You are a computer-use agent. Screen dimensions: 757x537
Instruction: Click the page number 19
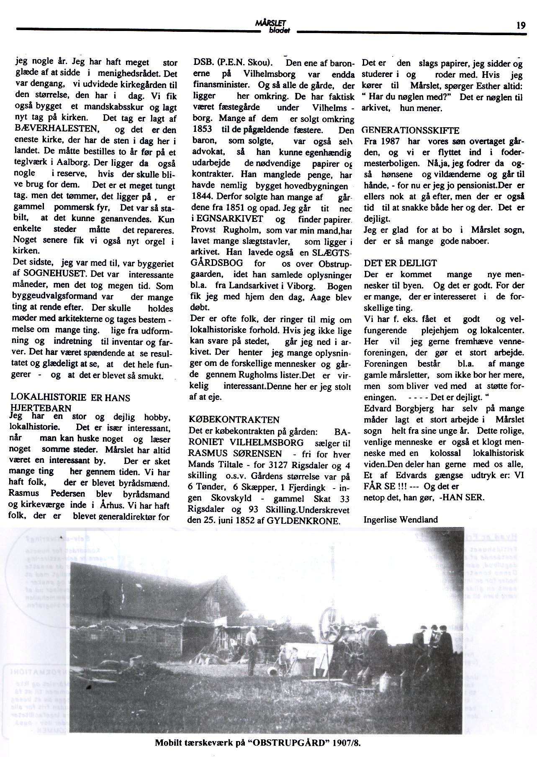521,25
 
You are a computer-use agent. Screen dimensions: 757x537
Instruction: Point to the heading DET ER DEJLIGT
400,263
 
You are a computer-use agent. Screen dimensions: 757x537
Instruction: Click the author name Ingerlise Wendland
401,520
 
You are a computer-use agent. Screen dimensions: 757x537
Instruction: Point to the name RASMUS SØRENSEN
235,454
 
